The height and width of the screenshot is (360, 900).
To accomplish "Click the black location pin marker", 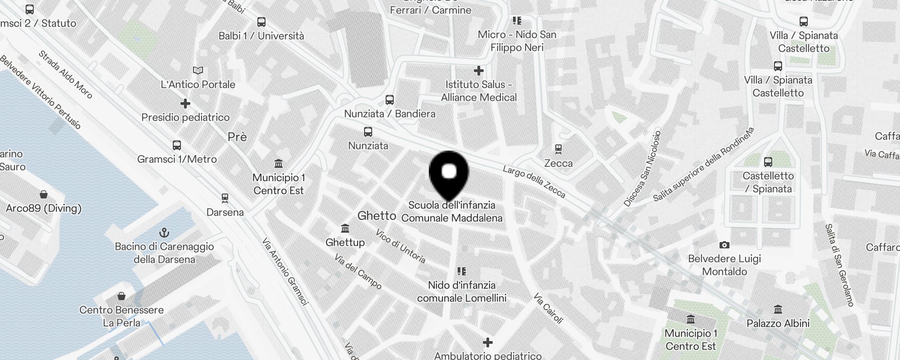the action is [449, 173].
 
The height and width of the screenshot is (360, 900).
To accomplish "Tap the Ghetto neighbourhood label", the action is [377, 216].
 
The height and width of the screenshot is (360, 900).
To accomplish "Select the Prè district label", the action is [237, 137].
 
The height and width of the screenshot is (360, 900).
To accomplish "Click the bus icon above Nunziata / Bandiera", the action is [390, 100].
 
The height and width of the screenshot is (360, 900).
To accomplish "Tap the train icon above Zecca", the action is [558, 149].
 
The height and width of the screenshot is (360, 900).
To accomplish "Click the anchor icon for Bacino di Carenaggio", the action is [164, 233].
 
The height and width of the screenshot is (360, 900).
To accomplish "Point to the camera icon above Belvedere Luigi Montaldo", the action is [724, 245].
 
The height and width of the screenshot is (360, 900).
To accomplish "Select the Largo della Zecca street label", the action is [534, 182].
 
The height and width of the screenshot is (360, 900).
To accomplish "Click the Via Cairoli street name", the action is [548, 308].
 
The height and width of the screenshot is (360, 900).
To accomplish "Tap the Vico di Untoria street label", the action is [400, 246].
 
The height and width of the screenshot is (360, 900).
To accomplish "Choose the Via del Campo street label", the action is [358, 271].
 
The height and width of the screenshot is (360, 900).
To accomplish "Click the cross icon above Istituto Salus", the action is [479, 71].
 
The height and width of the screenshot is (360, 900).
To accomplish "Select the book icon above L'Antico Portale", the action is [198, 70].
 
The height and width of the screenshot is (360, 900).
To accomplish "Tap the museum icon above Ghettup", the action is [345, 229].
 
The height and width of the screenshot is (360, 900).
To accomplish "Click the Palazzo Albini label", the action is [778, 323].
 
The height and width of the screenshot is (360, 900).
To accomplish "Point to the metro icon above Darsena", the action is [225, 198].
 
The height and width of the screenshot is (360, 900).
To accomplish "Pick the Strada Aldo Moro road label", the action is [65, 74].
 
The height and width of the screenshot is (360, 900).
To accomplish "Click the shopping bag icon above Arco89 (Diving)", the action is [44, 194].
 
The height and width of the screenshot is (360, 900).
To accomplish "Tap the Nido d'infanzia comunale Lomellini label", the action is [462, 291].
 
